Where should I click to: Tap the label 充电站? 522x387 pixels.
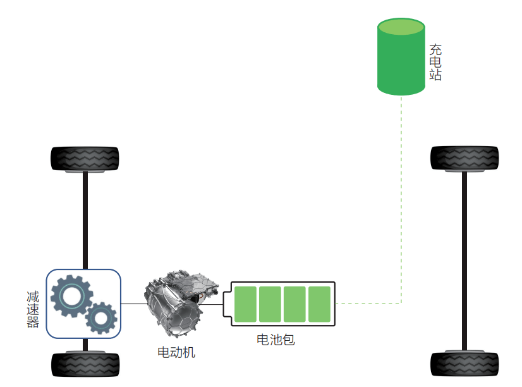point(435,62)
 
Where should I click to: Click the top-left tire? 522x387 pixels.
point(85,158)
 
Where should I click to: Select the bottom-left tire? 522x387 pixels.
point(85,364)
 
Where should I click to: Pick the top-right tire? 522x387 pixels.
point(464,158)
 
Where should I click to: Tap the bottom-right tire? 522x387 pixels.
point(464,364)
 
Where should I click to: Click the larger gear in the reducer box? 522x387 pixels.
point(70,295)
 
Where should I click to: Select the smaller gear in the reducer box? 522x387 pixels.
point(100,317)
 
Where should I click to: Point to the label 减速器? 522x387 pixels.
point(33,309)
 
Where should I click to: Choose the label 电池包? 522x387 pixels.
point(276,340)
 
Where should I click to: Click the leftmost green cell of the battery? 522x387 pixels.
point(245,304)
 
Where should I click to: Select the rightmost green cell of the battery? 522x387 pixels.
point(319,304)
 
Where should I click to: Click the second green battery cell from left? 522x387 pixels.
point(270,304)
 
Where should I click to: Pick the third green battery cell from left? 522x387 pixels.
point(294,304)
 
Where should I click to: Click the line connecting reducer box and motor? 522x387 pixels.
point(133,304)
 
